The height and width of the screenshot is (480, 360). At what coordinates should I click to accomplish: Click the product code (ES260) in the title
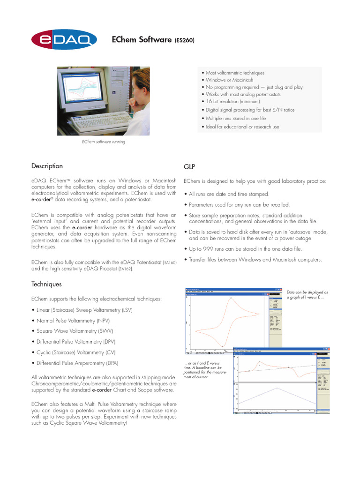tap(184, 41)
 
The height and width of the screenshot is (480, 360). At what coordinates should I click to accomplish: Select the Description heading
tap(47, 166)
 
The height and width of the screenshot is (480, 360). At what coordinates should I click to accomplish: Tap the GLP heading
tap(189, 167)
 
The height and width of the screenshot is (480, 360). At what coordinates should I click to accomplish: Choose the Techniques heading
tap(46, 284)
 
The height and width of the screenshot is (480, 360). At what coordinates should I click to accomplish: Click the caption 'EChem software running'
tap(104, 142)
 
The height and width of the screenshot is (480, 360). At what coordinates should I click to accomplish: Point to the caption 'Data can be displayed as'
tap(307, 292)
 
